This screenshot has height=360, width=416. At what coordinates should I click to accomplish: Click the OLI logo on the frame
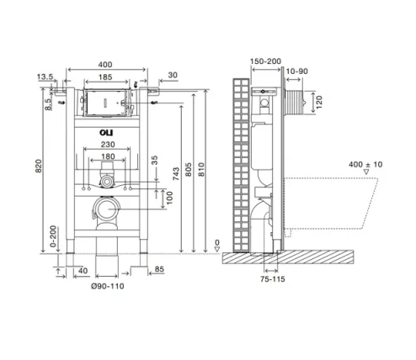104,132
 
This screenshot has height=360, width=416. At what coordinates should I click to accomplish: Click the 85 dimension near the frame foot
159,270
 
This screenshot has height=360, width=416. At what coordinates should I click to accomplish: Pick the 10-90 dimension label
296,71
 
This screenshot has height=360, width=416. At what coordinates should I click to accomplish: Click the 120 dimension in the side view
319,102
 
